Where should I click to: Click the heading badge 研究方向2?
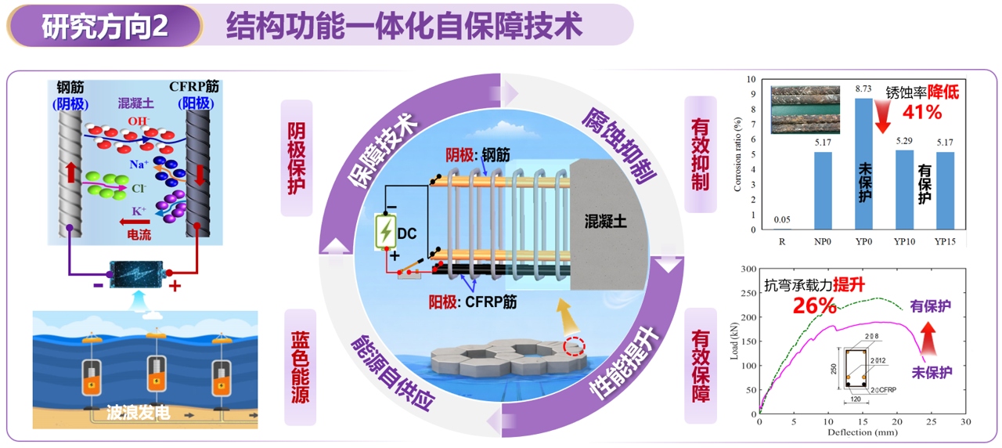(105, 26)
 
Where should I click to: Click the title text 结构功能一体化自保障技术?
(404, 26)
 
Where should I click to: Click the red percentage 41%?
(922, 112)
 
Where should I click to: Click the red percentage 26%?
(816, 305)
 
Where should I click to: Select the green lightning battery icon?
(386, 232)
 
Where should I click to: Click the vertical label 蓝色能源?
(299, 367)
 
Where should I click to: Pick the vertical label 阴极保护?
(297, 157)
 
